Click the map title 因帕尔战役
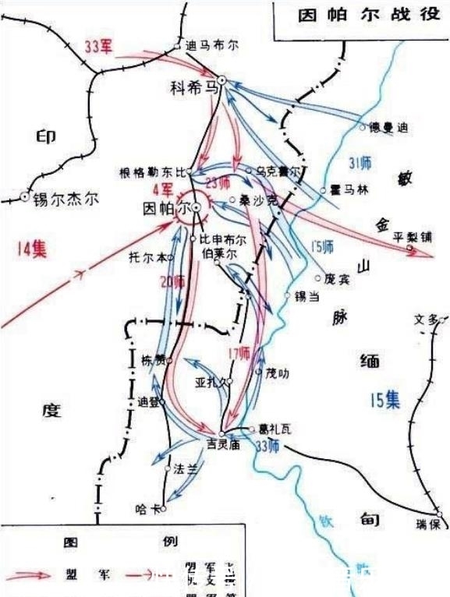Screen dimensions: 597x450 coord(363,18)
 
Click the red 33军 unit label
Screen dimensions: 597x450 coord(100,46)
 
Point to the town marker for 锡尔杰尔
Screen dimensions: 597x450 coord(25,198)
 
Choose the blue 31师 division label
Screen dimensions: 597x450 coord(361,163)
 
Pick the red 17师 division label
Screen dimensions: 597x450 coord(240,353)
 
